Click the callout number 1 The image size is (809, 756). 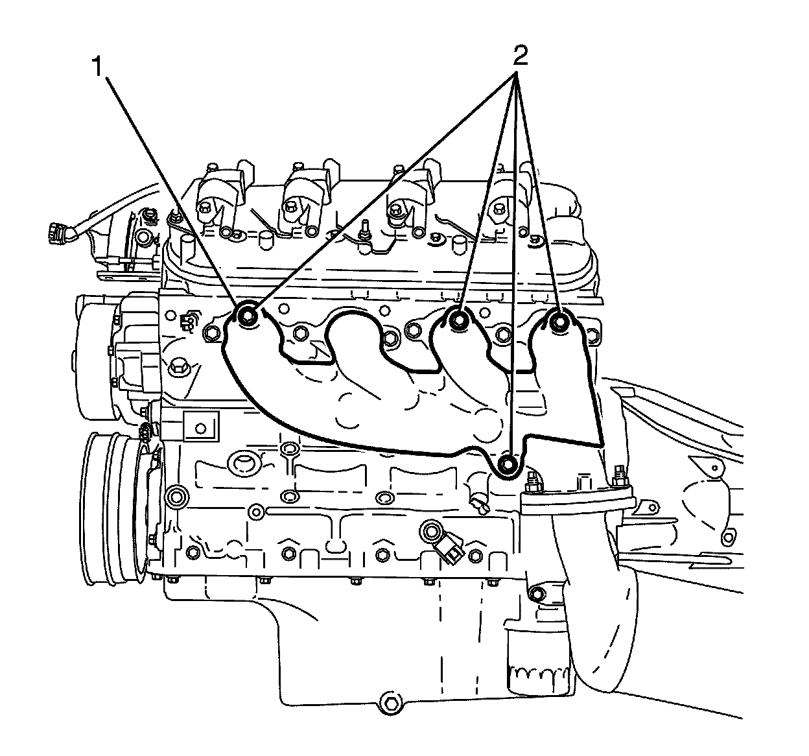pyautogui.click(x=98, y=65)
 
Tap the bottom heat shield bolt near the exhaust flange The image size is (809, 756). pyautogui.click(x=510, y=464)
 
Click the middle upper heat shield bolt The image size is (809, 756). pyautogui.click(x=460, y=320)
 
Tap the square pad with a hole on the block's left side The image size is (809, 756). pyautogui.click(x=200, y=427)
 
